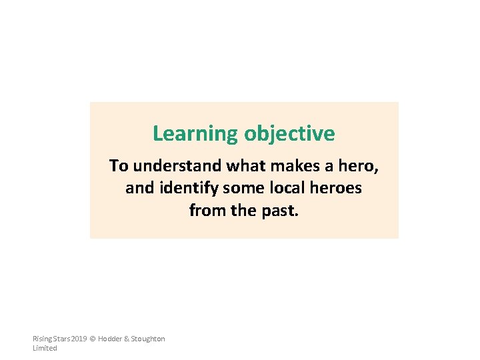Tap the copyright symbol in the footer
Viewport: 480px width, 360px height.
[x=93, y=339]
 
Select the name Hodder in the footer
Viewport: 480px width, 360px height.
[x=110, y=339]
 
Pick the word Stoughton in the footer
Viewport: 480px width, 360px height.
[x=148, y=339]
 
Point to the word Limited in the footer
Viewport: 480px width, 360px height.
[x=45, y=348]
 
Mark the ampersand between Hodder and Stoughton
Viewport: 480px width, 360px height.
[x=126, y=339]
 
